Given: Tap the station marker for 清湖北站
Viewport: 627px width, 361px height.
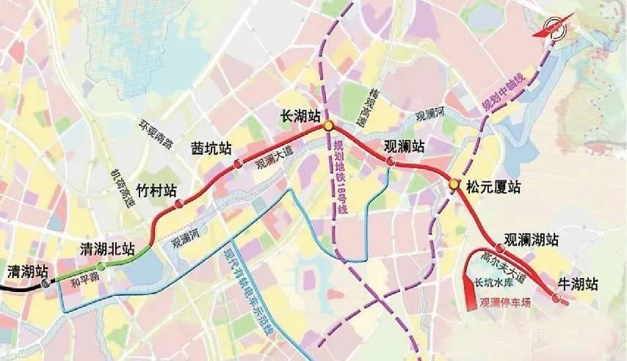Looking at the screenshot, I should pyautogui.click(x=101, y=266).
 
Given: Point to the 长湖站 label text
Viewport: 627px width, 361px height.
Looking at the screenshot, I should pyautogui.click(x=302, y=115).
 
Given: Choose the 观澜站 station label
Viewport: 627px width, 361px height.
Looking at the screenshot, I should pyautogui.click(x=405, y=145).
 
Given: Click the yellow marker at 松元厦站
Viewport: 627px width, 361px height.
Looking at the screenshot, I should pyautogui.click(x=454, y=184).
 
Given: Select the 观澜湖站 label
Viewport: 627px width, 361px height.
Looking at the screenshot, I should pyautogui.click(x=532, y=240).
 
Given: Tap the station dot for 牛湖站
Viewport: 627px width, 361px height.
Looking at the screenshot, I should pyautogui.click(x=556, y=299).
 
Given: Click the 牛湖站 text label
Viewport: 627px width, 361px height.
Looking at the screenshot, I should pyautogui.click(x=579, y=283).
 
